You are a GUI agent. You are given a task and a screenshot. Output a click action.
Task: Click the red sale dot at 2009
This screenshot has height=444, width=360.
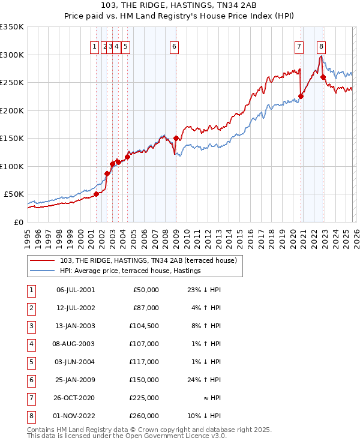(x=176, y=138)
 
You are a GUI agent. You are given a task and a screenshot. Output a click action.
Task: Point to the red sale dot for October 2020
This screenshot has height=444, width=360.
(x=301, y=96)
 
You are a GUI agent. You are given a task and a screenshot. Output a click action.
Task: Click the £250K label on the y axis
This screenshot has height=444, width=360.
(x=11, y=83)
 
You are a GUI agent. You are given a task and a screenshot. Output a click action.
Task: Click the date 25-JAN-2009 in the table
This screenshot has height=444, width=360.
(x=76, y=380)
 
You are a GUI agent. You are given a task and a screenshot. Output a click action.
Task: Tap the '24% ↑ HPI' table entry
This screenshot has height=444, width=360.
(x=204, y=380)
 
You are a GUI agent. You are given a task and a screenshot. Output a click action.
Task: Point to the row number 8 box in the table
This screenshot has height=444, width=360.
(x=31, y=416)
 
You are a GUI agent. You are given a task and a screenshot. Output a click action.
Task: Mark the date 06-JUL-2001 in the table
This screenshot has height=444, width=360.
(x=76, y=290)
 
